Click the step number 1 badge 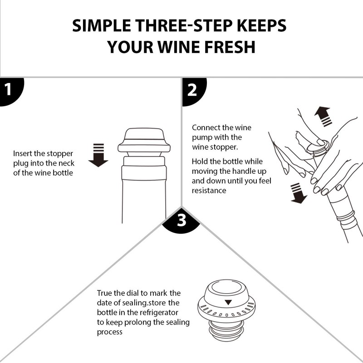pos(10,91)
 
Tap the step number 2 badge pos(194,91)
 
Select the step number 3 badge pos(181,221)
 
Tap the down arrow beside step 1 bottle pos(98,155)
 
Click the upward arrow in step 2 pos(323,117)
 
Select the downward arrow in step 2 pos(298,193)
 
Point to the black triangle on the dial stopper pos(228,302)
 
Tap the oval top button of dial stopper pos(226,287)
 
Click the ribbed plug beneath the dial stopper pos(226,331)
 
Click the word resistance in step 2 pos(209,191)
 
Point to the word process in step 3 pos(109,332)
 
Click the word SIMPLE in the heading pos(101,25)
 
